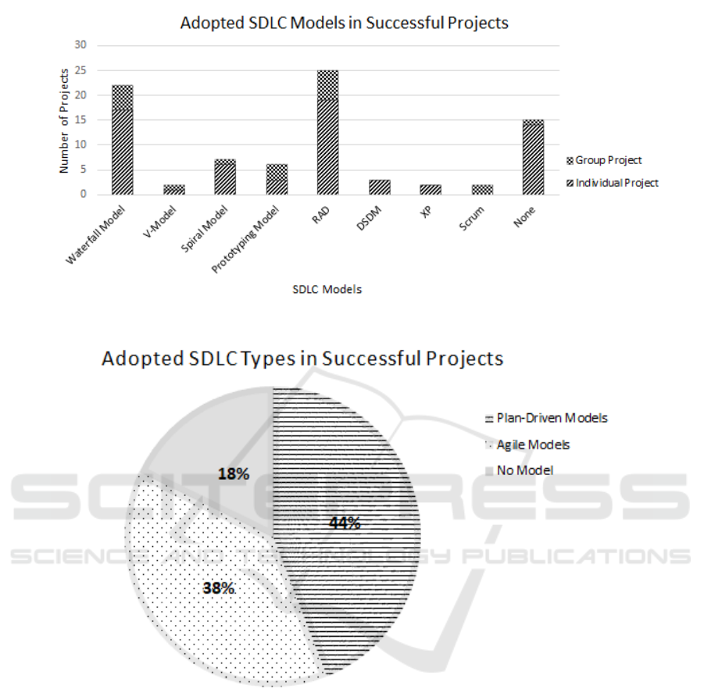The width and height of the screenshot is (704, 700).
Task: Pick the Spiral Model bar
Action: coord(225,177)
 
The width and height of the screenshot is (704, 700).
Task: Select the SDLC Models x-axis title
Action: coord(327,289)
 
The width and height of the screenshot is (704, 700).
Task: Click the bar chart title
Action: coord(344,23)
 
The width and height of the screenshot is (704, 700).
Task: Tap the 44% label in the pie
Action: coord(344,523)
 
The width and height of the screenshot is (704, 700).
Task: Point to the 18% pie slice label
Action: coord(233,474)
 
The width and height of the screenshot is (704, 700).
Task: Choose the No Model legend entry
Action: coord(524,471)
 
